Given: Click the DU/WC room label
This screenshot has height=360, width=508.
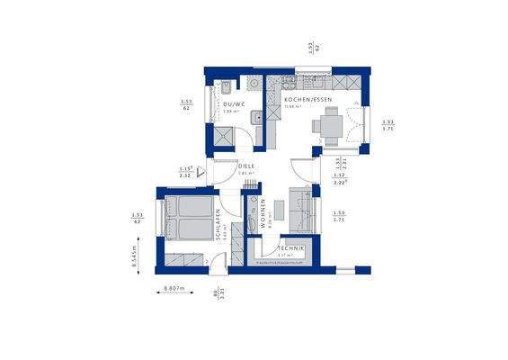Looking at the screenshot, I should pyautogui.click(x=234, y=103).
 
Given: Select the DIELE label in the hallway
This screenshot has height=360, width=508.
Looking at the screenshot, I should pyautogui.click(x=245, y=166).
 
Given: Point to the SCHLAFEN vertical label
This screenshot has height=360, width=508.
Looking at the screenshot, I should pyautogui.click(x=219, y=226).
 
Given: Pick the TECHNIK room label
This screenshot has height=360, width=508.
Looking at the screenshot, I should pyautogui.click(x=290, y=247).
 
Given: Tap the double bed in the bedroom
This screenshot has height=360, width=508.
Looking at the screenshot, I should pyautogui.click(x=189, y=218).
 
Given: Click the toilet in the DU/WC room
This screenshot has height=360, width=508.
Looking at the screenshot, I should pyautogui.click(x=228, y=87).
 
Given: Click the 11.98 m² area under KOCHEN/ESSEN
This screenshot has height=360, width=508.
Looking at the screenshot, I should pyautogui.click(x=291, y=108).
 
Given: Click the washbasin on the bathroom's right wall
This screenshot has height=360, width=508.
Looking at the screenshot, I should pyautogui.click(x=258, y=116).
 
